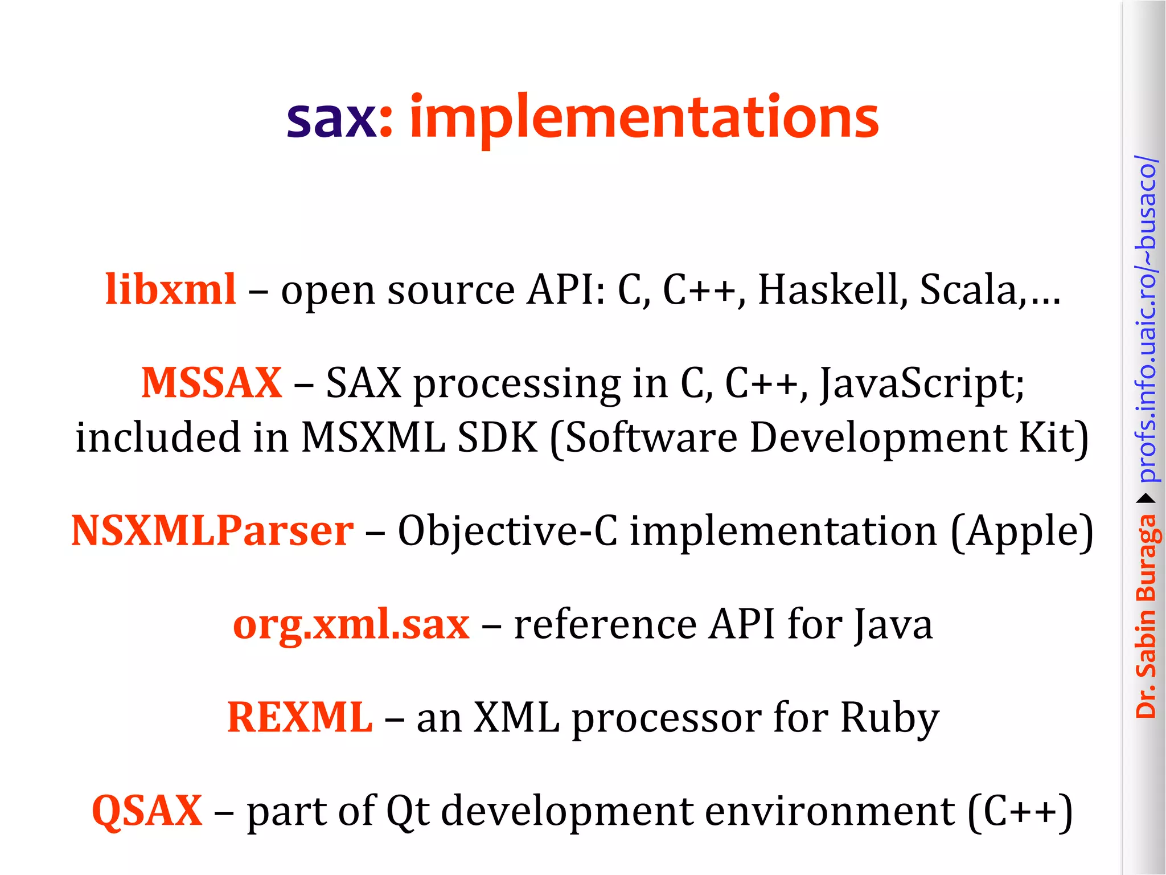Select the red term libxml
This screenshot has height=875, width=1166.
(x=170, y=289)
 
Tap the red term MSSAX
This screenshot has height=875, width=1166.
(x=211, y=383)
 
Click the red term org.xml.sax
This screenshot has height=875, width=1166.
(x=351, y=624)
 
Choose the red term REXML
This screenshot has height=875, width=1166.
(x=299, y=717)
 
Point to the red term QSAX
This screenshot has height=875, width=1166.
(x=147, y=811)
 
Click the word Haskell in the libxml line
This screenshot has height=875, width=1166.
(x=832, y=289)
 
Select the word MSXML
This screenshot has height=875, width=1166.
(x=372, y=437)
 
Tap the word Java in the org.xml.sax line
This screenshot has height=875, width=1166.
(x=894, y=624)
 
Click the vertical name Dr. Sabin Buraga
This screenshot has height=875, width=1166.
(x=1146, y=615)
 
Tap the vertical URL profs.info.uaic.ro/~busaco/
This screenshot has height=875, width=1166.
(x=1146, y=319)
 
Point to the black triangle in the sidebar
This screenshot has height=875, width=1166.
(x=1146, y=498)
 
